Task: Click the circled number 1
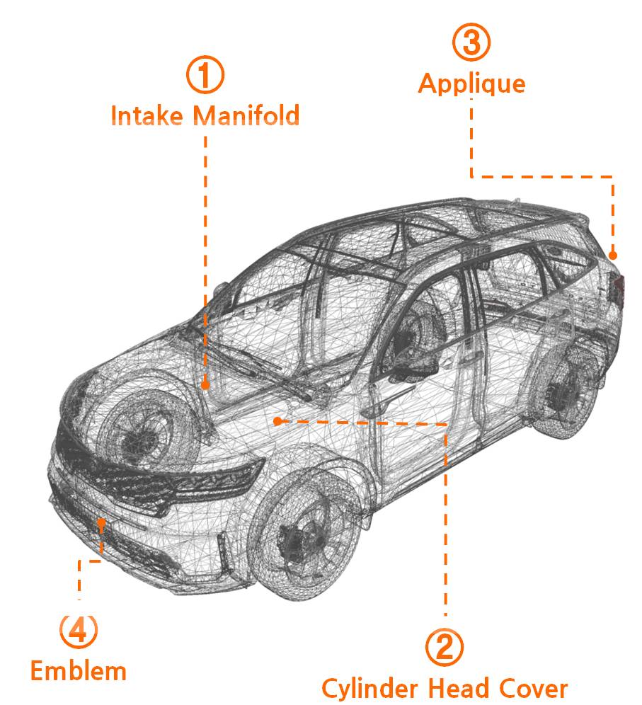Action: pyautogui.click(x=205, y=76)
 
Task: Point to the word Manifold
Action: pyautogui.click(x=246, y=115)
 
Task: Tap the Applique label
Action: pyautogui.click(x=471, y=84)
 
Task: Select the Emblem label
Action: pyautogui.click(x=78, y=670)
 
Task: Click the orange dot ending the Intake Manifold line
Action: pyautogui.click(x=205, y=385)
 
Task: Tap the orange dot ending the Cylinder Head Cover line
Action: pyautogui.click(x=278, y=421)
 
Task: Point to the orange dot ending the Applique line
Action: pyautogui.click(x=613, y=255)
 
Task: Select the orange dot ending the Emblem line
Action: pyautogui.click(x=103, y=522)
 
